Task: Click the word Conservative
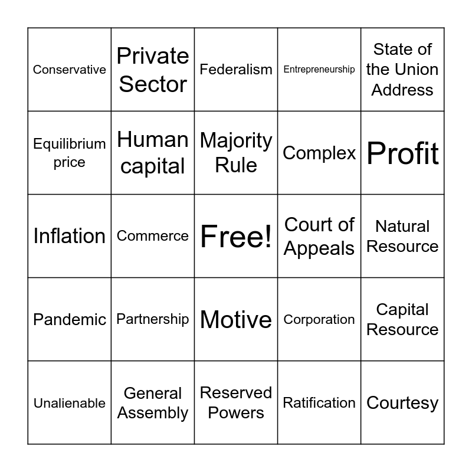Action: point(70,70)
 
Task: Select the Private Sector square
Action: point(153,70)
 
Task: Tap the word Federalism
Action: point(236,70)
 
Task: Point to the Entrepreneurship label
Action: point(319,70)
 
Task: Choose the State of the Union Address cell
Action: point(402,70)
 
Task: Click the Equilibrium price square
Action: point(70,153)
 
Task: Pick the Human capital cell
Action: point(153,153)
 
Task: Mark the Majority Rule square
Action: point(236,153)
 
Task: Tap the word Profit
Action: point(402,153)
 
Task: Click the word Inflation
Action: point(70,236)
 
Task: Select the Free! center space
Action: point(236,236)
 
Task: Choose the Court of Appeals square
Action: point(319,236)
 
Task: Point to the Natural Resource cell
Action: point(402,236)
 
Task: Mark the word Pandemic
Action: point(70,319)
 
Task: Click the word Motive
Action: point(236,319)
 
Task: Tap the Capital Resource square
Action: point(402,319)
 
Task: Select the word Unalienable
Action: point(70,403)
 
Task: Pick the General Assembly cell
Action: point(153,403)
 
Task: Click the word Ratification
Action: point(319,403)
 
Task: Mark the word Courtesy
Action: point(402,403)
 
